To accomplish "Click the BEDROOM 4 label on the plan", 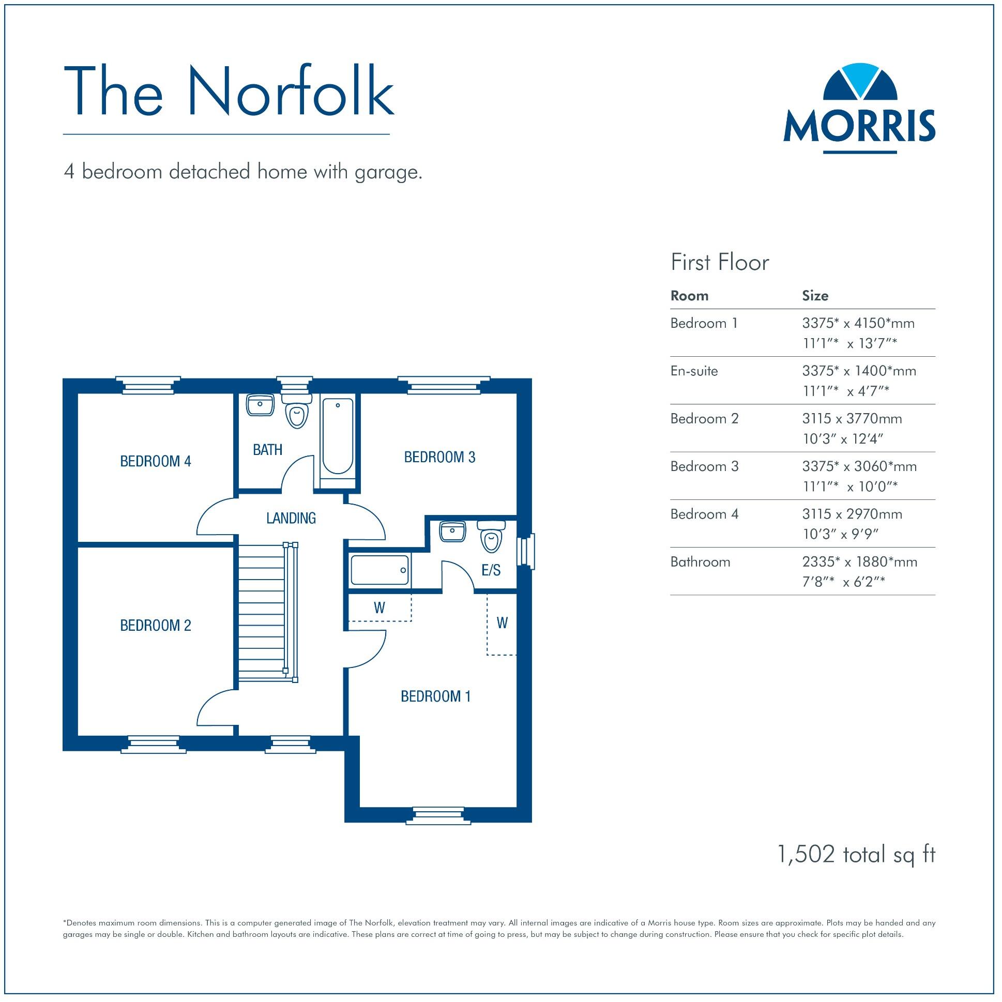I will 156,461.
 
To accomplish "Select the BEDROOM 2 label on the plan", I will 156,626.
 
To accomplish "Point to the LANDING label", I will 291,518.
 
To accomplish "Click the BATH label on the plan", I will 268,450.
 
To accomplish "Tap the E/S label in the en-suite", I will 491,570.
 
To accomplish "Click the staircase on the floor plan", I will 262,612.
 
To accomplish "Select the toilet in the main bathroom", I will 297,412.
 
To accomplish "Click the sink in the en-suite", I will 453,532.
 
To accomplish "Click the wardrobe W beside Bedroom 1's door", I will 379,608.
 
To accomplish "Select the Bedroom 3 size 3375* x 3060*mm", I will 859,466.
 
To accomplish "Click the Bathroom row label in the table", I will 700,561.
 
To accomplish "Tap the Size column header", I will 815,296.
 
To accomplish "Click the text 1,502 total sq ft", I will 856,854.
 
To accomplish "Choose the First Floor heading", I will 719,263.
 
